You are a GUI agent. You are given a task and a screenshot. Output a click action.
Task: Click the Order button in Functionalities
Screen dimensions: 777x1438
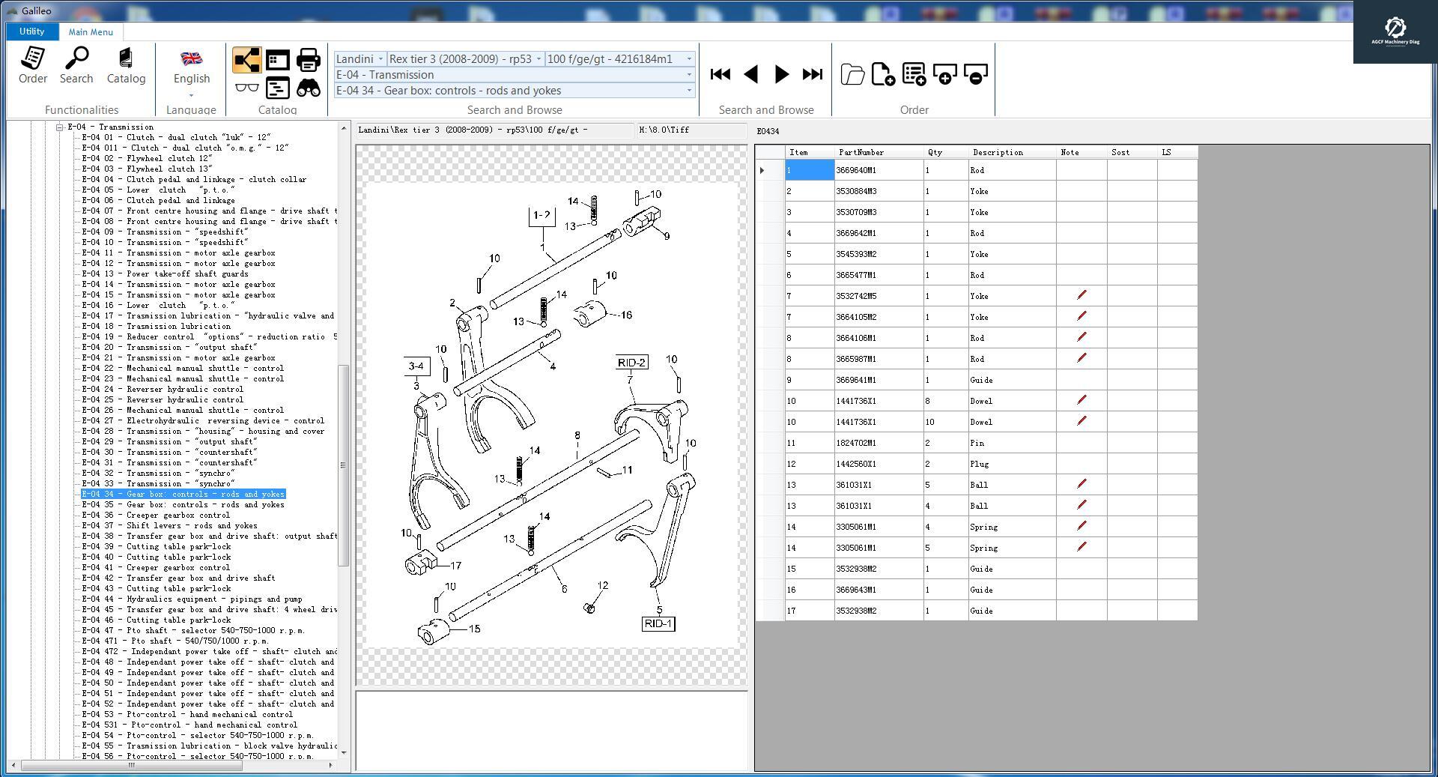(x=33, y=65)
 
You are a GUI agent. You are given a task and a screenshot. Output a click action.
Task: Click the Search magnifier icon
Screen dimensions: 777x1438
(x=76, y=65)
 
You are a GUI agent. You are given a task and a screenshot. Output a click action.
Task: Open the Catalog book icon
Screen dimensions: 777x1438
(x=126, y=65)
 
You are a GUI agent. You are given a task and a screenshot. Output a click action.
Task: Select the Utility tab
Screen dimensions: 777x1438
(x=31, y=31)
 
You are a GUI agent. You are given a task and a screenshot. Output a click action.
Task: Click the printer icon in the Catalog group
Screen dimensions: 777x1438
(x=309, y=60)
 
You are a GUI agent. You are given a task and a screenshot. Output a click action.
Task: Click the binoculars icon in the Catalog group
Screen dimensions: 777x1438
(x=309, y=88)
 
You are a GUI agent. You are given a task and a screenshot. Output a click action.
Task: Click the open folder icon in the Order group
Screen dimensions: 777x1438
(x=852, y=74)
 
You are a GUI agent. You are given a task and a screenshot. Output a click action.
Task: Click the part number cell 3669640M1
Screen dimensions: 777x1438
(x=856, y=171)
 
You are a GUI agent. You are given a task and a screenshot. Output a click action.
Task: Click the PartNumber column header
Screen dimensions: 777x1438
(x=861, y=153)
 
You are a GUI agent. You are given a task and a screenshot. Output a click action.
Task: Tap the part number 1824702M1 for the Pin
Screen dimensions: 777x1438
(x=856, y=444)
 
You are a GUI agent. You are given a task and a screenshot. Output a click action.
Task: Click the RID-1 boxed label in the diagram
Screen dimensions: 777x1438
(x=658, y=624)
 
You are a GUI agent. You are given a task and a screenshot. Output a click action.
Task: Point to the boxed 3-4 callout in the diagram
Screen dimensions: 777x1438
(x=416, y=366)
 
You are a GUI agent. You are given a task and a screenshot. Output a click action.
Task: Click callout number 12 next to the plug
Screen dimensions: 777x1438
(x=603, y=586)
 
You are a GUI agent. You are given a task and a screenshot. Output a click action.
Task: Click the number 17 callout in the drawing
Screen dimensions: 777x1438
(x=455, y=566)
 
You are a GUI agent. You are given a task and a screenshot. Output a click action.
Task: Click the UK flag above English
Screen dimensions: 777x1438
(x=192, y=58)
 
